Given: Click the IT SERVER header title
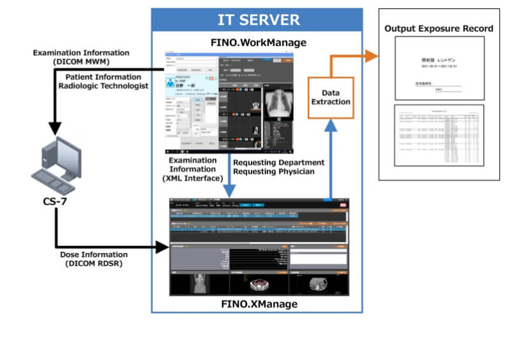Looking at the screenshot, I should [257, 19].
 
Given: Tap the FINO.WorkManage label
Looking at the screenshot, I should [257, 43].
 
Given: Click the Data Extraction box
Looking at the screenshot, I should [331, 97].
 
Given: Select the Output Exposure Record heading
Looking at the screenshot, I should [438, 28].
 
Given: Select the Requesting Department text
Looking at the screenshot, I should [278, 162].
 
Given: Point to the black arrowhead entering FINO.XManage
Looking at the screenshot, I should [162, 245].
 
